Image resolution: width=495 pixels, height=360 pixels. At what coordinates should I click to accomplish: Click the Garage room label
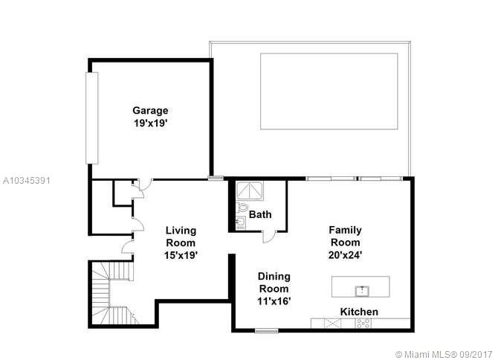click(x=150, y=111)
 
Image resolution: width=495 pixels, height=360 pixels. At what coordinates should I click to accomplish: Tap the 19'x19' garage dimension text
click(x=150, y=123)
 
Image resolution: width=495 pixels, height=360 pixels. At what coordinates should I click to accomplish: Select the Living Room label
click(x=181, y=237)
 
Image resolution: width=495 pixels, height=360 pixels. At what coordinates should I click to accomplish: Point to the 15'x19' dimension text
click(x=181, y=255)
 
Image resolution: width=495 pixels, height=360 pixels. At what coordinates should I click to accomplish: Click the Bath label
click(x=260, y=214)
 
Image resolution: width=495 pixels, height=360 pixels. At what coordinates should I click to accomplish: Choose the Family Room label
click(x=345, y=236)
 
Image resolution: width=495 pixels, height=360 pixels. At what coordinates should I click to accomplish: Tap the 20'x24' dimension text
click(x=345, y=254)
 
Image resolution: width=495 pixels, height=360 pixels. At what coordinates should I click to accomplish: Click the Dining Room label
click(x=274, y=283)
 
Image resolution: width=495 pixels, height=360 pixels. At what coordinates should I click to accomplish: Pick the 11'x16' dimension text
click(x=274, y=301)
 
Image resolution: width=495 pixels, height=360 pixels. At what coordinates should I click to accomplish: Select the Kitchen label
click(x=359, y=312)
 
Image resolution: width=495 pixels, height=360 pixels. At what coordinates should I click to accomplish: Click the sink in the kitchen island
click(x=362, y=291)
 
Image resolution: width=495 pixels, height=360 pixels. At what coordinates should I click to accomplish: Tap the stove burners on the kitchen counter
click(x=363, y=323)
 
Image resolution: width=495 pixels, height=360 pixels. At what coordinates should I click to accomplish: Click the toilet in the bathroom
click(x=242, y=208)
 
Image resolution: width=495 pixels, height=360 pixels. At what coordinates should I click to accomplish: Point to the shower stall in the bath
click(x=250, y=191)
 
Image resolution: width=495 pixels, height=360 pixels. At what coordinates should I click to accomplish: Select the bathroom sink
click(x=241, y=223)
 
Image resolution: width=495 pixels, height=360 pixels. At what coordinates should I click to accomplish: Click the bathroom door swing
click(x=268, y=237)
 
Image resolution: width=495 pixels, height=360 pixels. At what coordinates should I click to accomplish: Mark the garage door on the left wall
click(x=92, y=118)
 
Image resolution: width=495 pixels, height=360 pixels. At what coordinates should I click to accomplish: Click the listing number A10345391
click(x=27, y=181)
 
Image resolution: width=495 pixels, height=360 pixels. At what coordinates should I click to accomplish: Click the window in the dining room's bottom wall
click(x=266, y=331)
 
